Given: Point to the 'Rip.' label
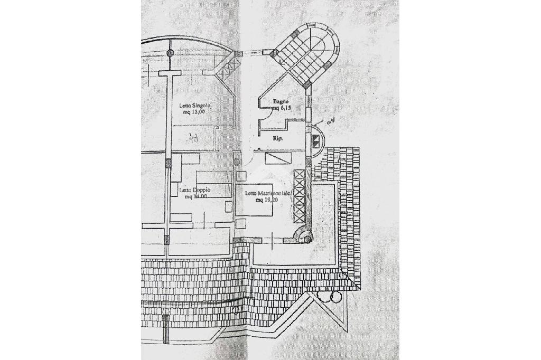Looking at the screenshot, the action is (277, 138).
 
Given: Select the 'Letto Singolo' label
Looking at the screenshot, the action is (194, 105).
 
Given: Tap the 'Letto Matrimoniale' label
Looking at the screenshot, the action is (268, 194).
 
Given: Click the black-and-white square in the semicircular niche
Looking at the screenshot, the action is (316, 141).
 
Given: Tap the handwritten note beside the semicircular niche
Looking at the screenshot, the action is (332, 121).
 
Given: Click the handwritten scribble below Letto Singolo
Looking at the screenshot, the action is (194, 138).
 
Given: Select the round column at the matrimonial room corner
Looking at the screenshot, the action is (305, 239).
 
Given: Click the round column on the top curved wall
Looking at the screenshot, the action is (170, 53).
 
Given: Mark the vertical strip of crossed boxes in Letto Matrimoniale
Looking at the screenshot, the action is (300, 197).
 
